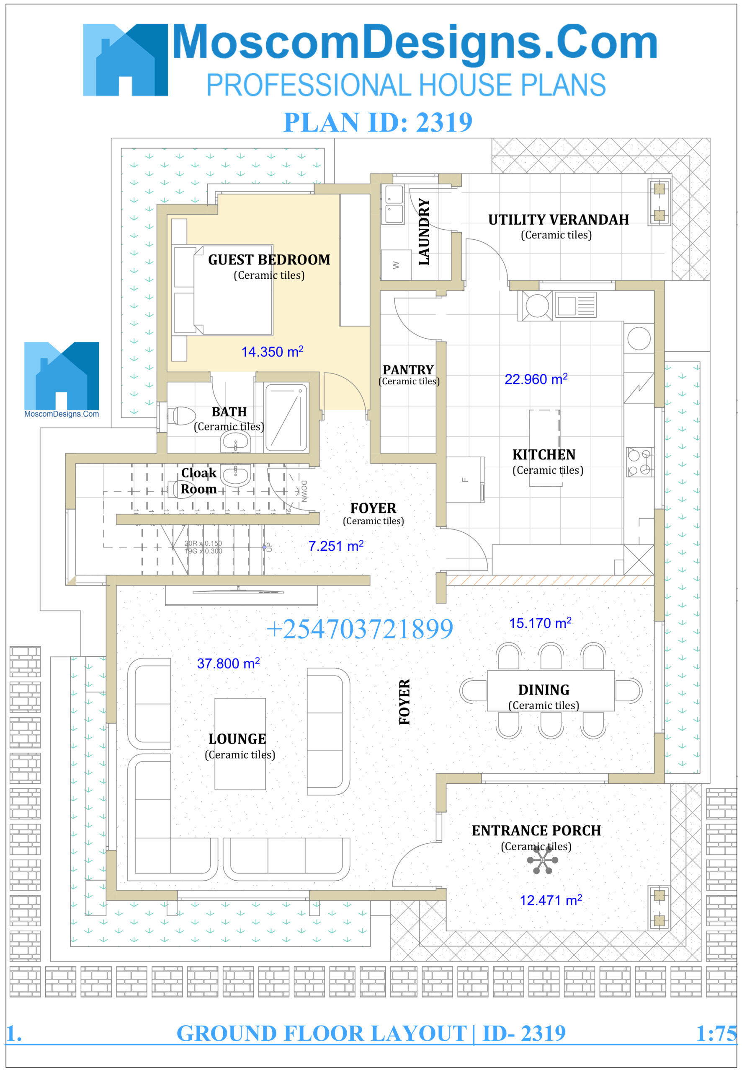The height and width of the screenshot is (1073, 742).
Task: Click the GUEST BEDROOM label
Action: pyautogui.click(x=269, y=259)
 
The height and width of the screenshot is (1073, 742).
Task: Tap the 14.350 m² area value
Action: pyautogui.click(x=272, y=352)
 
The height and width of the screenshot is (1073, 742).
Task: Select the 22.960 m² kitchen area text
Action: pyautogui.click(x=536, y=379)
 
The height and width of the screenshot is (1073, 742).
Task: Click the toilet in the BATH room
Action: pyautogui.click(x=182, y=416)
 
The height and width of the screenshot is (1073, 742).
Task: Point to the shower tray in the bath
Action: pyautogui.click(x=286, y=417)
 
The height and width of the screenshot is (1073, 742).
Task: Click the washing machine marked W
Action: pyautogui.click(x=396, y=265)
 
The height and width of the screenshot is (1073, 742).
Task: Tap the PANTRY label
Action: pyautogui.click(x=408, y=370)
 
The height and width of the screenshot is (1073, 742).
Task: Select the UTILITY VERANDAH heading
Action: pyautogui.click(x=558, y=220)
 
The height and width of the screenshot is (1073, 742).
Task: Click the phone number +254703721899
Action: pyautogui.click(x=359, y=629)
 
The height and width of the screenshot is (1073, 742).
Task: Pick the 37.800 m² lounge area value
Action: pyautogui.click(x=228, y=663)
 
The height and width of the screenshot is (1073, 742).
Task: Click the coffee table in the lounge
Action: pyautogui.click(x=240, y=744)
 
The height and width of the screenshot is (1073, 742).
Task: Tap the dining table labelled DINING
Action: pyautogui.click(x=551, y=690)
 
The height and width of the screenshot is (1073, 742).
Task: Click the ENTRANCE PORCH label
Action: pyautogui.click(x=536, y=831)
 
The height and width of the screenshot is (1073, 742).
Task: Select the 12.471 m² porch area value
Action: pyautogui.click(x=551, y=900)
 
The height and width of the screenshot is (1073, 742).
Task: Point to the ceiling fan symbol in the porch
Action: pyautogui.click(x=542, y=861)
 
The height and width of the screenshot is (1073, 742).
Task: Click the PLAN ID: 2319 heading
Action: pyautogui.click(x=378, y=122)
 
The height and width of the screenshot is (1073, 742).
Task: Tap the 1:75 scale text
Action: pyautogui.click(x=716, y=1034)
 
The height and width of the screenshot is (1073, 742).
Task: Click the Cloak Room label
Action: pyautogui.click(x=198, y=481)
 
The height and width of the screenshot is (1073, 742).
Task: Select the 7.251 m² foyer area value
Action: pyautogui.click(x=336, y=546)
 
